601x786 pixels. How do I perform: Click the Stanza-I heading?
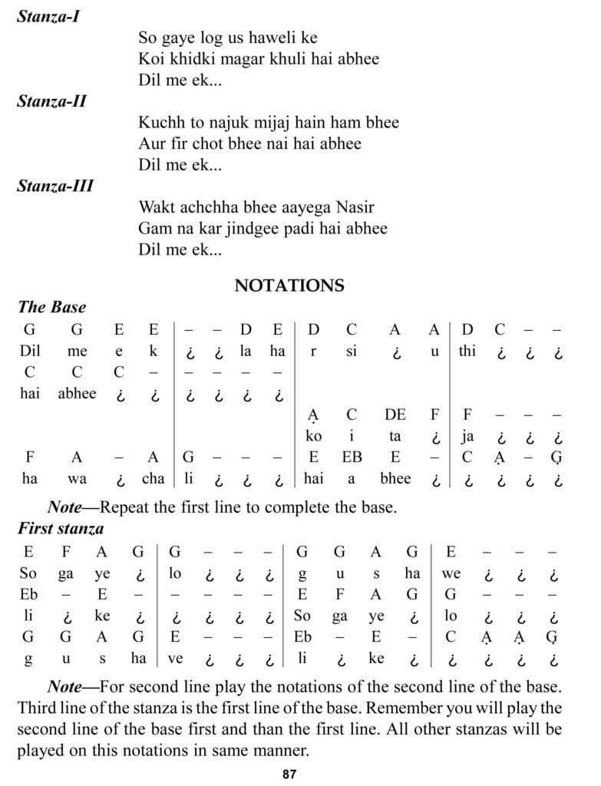pos(48,15)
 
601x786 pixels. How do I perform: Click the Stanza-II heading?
pos(51,101)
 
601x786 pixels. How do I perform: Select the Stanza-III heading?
pos(54,186)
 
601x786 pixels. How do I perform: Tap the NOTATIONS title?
pos(289,286)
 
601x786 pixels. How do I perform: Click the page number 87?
pos(289,774)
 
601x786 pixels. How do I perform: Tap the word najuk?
pos(229,122)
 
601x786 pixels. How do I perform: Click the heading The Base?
pos(51,307)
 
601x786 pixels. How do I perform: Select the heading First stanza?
pos(61,528)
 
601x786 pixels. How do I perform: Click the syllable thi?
pos(467,351)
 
